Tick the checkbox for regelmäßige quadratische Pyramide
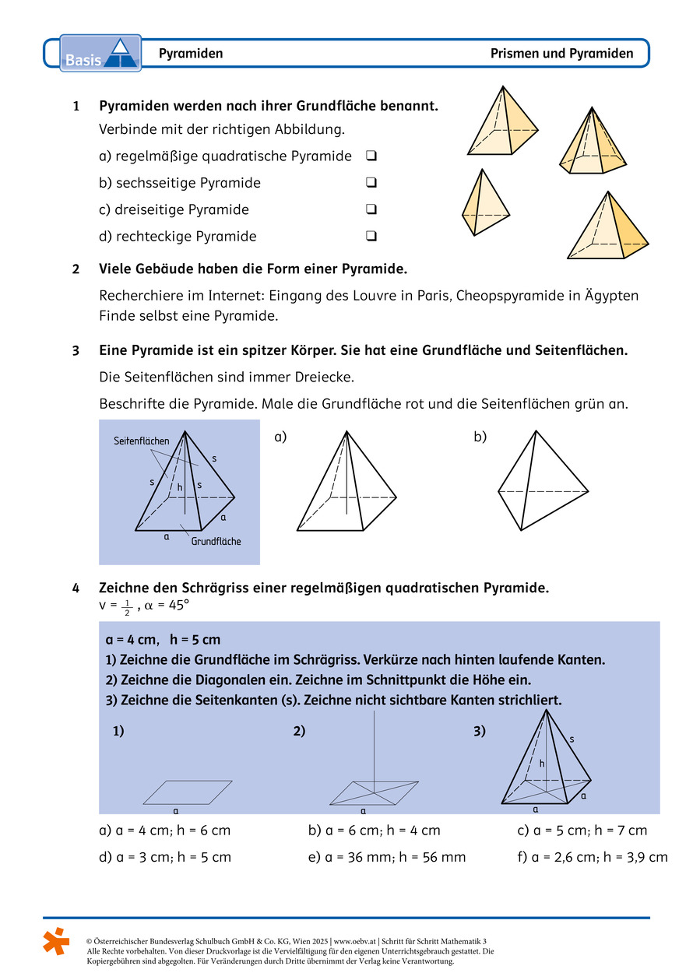click(371, 156)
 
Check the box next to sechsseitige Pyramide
click(371, 183)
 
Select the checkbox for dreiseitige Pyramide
click(371, 209)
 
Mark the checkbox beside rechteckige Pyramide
click(371, 236)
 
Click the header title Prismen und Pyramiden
click(561, 54)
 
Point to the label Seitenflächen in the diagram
click(140, 441)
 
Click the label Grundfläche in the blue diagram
click(216, 541)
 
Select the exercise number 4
click(76, 588)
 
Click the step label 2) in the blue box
click(299, 731)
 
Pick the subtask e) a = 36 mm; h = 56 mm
click(387, 857)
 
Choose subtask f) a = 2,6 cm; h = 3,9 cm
click(592, 857)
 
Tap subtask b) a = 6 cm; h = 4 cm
click(375, 831)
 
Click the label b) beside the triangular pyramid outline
click(480, 437)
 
